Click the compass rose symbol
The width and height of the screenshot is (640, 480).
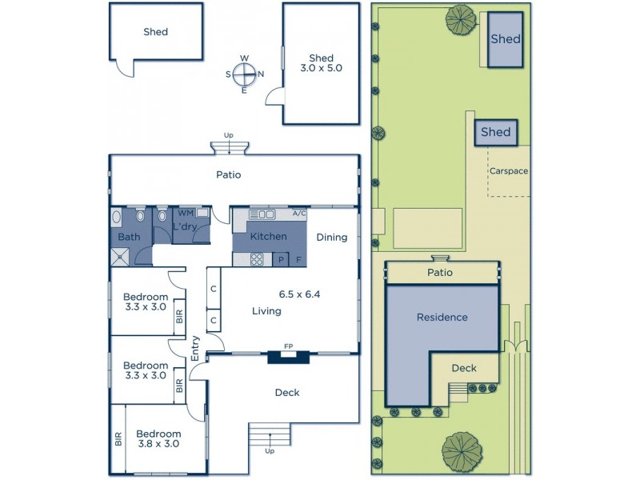[244, 74]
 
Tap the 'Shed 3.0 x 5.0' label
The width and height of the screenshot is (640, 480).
[321, 63]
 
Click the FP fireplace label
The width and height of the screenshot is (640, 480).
[288, 346]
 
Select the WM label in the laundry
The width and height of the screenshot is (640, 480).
[185, 213]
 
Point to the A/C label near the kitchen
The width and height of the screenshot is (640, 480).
[299, 214]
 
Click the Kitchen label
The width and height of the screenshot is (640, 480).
[268, 237]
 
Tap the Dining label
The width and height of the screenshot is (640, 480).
[331, 237]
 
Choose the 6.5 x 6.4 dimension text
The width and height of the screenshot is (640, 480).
[298, 294]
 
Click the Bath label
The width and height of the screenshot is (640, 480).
[129, 238]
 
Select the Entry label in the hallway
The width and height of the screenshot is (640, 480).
[195, 348]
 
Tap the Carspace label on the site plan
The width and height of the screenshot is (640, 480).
[509, 170]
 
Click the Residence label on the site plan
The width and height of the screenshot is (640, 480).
[441, 318]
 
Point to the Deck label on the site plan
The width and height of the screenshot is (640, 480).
[463, 368]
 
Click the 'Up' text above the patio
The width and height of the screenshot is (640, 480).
[229, 135]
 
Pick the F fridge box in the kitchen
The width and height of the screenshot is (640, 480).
[298, 259]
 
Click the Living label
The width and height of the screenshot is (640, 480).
[266, 311]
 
